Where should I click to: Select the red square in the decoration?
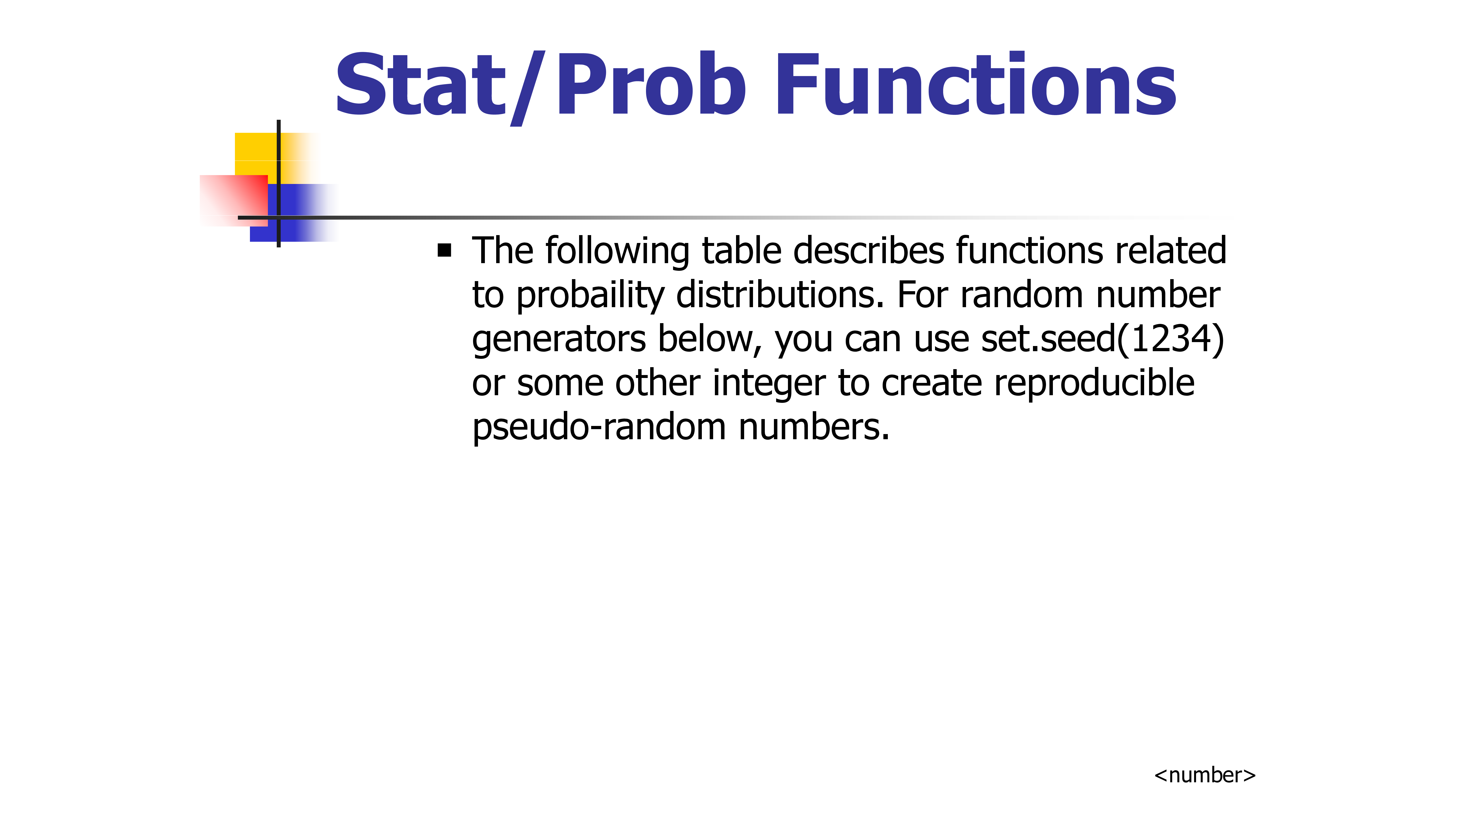click(x=234, y=200)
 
